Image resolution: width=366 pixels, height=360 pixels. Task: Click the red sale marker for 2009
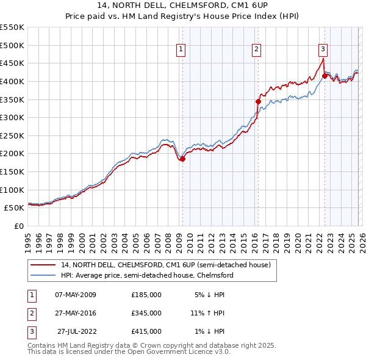pos(182,159)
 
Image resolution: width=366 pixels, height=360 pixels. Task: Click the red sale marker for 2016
pos(257,101)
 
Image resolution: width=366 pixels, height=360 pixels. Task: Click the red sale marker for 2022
pos(325,76)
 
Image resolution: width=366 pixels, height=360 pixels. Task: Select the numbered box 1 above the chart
pos(181,50)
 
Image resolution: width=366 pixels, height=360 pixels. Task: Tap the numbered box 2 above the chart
pos(257,50)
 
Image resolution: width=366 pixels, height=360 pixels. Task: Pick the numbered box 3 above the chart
pos(323,50)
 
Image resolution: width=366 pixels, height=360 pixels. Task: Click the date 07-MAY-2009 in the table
pos(76,295)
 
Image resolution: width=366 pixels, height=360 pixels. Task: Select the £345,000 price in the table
pos(146,313)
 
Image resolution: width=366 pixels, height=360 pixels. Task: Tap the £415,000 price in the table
pos(146,331)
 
